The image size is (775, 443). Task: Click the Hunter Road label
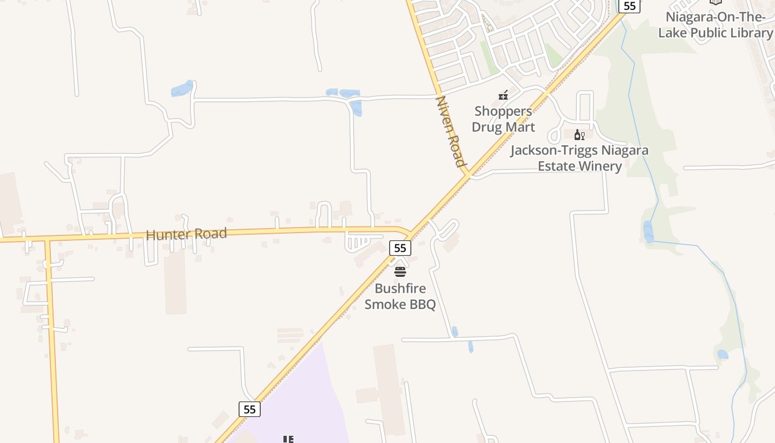(187, 234)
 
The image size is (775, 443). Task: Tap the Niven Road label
(451, 132)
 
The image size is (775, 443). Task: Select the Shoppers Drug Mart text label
(503, 119)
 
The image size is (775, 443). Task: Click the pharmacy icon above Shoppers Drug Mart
(503, 95)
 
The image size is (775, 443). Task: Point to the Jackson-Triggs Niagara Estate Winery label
(579, 158)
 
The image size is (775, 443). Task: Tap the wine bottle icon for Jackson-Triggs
(580, 135)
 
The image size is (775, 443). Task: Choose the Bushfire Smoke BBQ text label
(400, 296)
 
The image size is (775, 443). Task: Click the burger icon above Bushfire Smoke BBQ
(400, 272)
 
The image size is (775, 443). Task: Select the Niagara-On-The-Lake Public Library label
(715, 25)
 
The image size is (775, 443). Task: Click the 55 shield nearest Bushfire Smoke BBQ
(400, 248)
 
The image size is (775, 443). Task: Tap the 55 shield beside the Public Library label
(629, 6)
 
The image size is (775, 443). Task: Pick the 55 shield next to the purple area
(250, 409)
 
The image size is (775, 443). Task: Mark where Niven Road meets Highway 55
(468, 175)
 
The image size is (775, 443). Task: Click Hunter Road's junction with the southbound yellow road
(48, 239)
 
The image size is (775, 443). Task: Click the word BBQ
(422, 305)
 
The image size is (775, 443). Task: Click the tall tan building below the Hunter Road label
(175, 282)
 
